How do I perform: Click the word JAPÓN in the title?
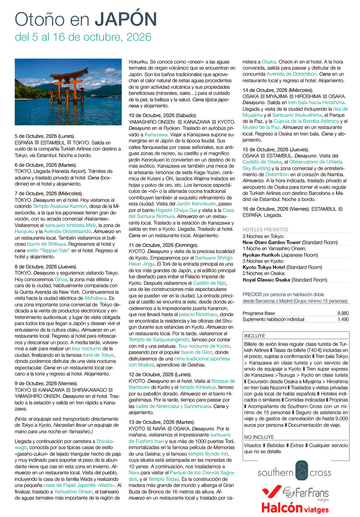tap(126, 19)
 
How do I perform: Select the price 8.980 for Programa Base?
tap(343, 313)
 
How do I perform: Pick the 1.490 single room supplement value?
tap(343, 319)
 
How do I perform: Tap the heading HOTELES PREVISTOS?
tap(265, 229)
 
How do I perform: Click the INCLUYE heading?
tap(255, 336)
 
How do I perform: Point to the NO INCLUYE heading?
tap(259, 437)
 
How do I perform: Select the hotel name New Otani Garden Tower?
tap(271, 242)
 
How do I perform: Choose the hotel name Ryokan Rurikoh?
tap(261, 255)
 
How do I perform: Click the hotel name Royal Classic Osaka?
tap(267, 280)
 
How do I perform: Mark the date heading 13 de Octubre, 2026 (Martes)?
tap(161, 422)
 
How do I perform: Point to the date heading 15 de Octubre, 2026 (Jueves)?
tap(275, 149)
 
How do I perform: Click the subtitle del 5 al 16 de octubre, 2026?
tap(83, 37)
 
